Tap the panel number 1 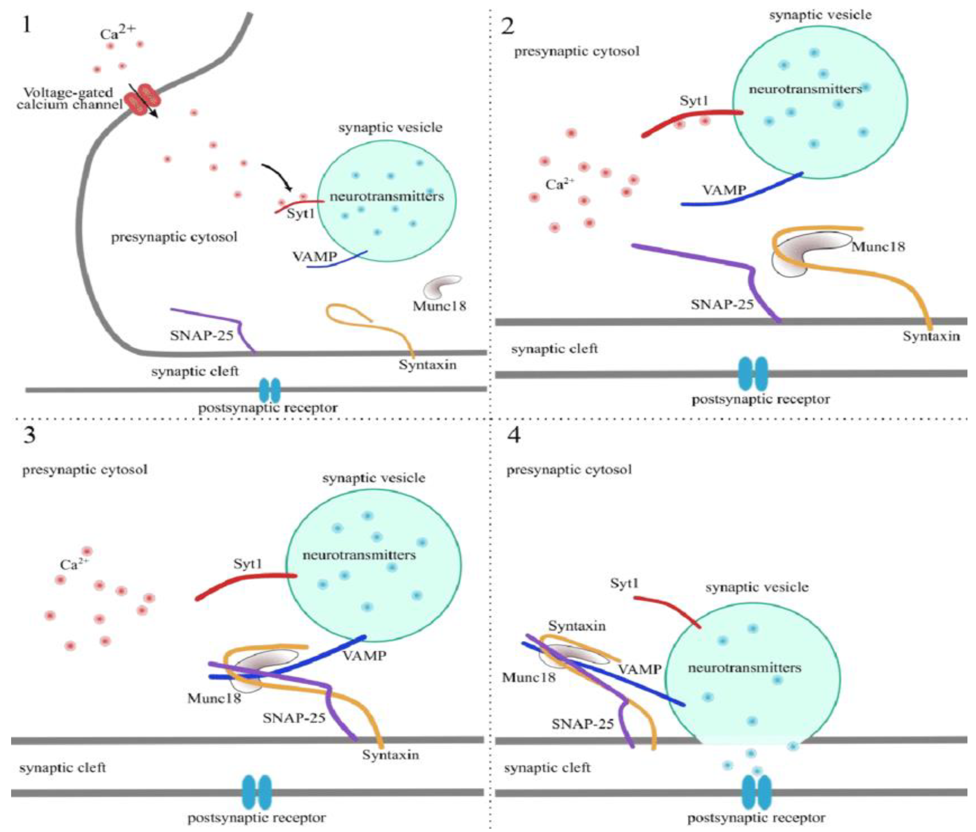pos(27,24)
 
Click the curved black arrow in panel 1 pos(278,175)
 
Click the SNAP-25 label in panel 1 pos(202,336)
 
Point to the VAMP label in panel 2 pos(724,190)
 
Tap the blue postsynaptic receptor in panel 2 pos(753,373)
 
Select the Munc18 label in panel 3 pos(214,698)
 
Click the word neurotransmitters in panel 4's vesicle pos(744,668)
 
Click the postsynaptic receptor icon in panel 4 pos(756,792)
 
